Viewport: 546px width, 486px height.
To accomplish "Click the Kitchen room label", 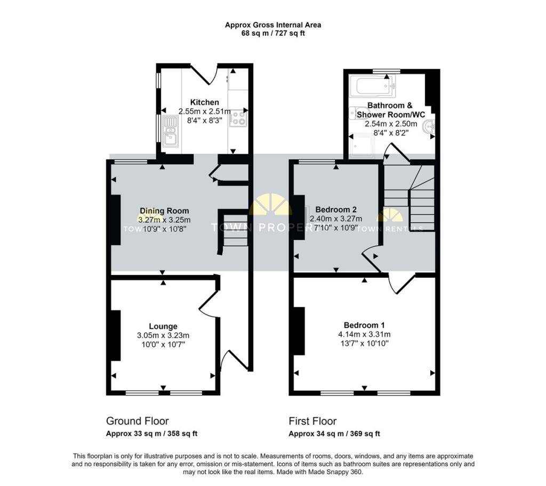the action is coord(204,102).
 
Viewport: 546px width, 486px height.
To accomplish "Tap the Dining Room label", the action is coord(164,210).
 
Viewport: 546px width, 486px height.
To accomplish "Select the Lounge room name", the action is coord(163,326).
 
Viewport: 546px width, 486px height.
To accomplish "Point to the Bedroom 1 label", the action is coord(364,325).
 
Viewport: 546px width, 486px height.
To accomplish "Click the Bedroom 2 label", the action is coord(336,209).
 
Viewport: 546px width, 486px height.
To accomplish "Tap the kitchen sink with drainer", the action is coord(170,131).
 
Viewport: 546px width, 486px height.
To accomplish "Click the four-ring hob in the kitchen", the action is coord(238,118).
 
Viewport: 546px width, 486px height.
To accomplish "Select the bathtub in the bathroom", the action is coord(373,86).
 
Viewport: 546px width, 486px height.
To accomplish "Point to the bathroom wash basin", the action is coord(429,127).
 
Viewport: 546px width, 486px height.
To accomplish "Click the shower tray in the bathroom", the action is coord(362,146).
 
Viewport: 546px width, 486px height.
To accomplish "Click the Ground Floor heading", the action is coord(137,421).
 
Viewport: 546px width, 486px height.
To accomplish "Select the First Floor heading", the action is coord(312,421).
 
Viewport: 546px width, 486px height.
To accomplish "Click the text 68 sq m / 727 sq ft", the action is coord(273,34).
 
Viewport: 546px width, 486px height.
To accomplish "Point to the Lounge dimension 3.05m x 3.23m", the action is coord(163,336).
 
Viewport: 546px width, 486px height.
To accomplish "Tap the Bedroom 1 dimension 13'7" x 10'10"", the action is coord(364,343).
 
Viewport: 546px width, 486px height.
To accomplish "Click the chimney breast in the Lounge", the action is coord(116,335).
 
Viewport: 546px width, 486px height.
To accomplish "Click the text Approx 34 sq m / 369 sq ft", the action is coord(334,434).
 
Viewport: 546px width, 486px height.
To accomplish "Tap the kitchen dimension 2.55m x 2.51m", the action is coord(204,111).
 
